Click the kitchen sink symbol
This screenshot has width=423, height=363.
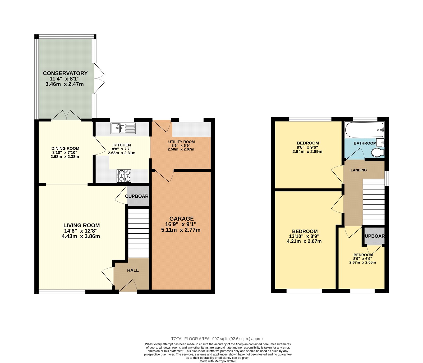click(123, 128)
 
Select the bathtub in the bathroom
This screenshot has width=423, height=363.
click(364, 130)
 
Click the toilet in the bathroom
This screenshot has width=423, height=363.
click(378, 152)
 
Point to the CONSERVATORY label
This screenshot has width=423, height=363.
click(65, 73)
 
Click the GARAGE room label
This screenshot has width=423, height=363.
click(181, 219)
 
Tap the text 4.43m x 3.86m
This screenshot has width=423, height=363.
click(81, 236)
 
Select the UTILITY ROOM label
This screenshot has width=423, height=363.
click(181, 142)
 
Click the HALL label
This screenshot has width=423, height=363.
click(133, 270)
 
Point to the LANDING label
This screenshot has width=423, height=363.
click(358, 170)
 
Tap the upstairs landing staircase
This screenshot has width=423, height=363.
click(374, 202)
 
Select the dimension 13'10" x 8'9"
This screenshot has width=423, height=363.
click(304, 236)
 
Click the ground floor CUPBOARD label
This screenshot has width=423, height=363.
click(137, 196)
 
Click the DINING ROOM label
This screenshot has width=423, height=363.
click(65, 148)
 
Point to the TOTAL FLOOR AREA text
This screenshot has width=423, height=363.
click(218, 339)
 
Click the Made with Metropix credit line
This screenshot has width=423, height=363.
click(218, 361)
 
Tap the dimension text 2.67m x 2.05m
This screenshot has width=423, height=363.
click(362, 262)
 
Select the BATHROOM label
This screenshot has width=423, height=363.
click(365, 143)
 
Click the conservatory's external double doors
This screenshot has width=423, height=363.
click(99, 78)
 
